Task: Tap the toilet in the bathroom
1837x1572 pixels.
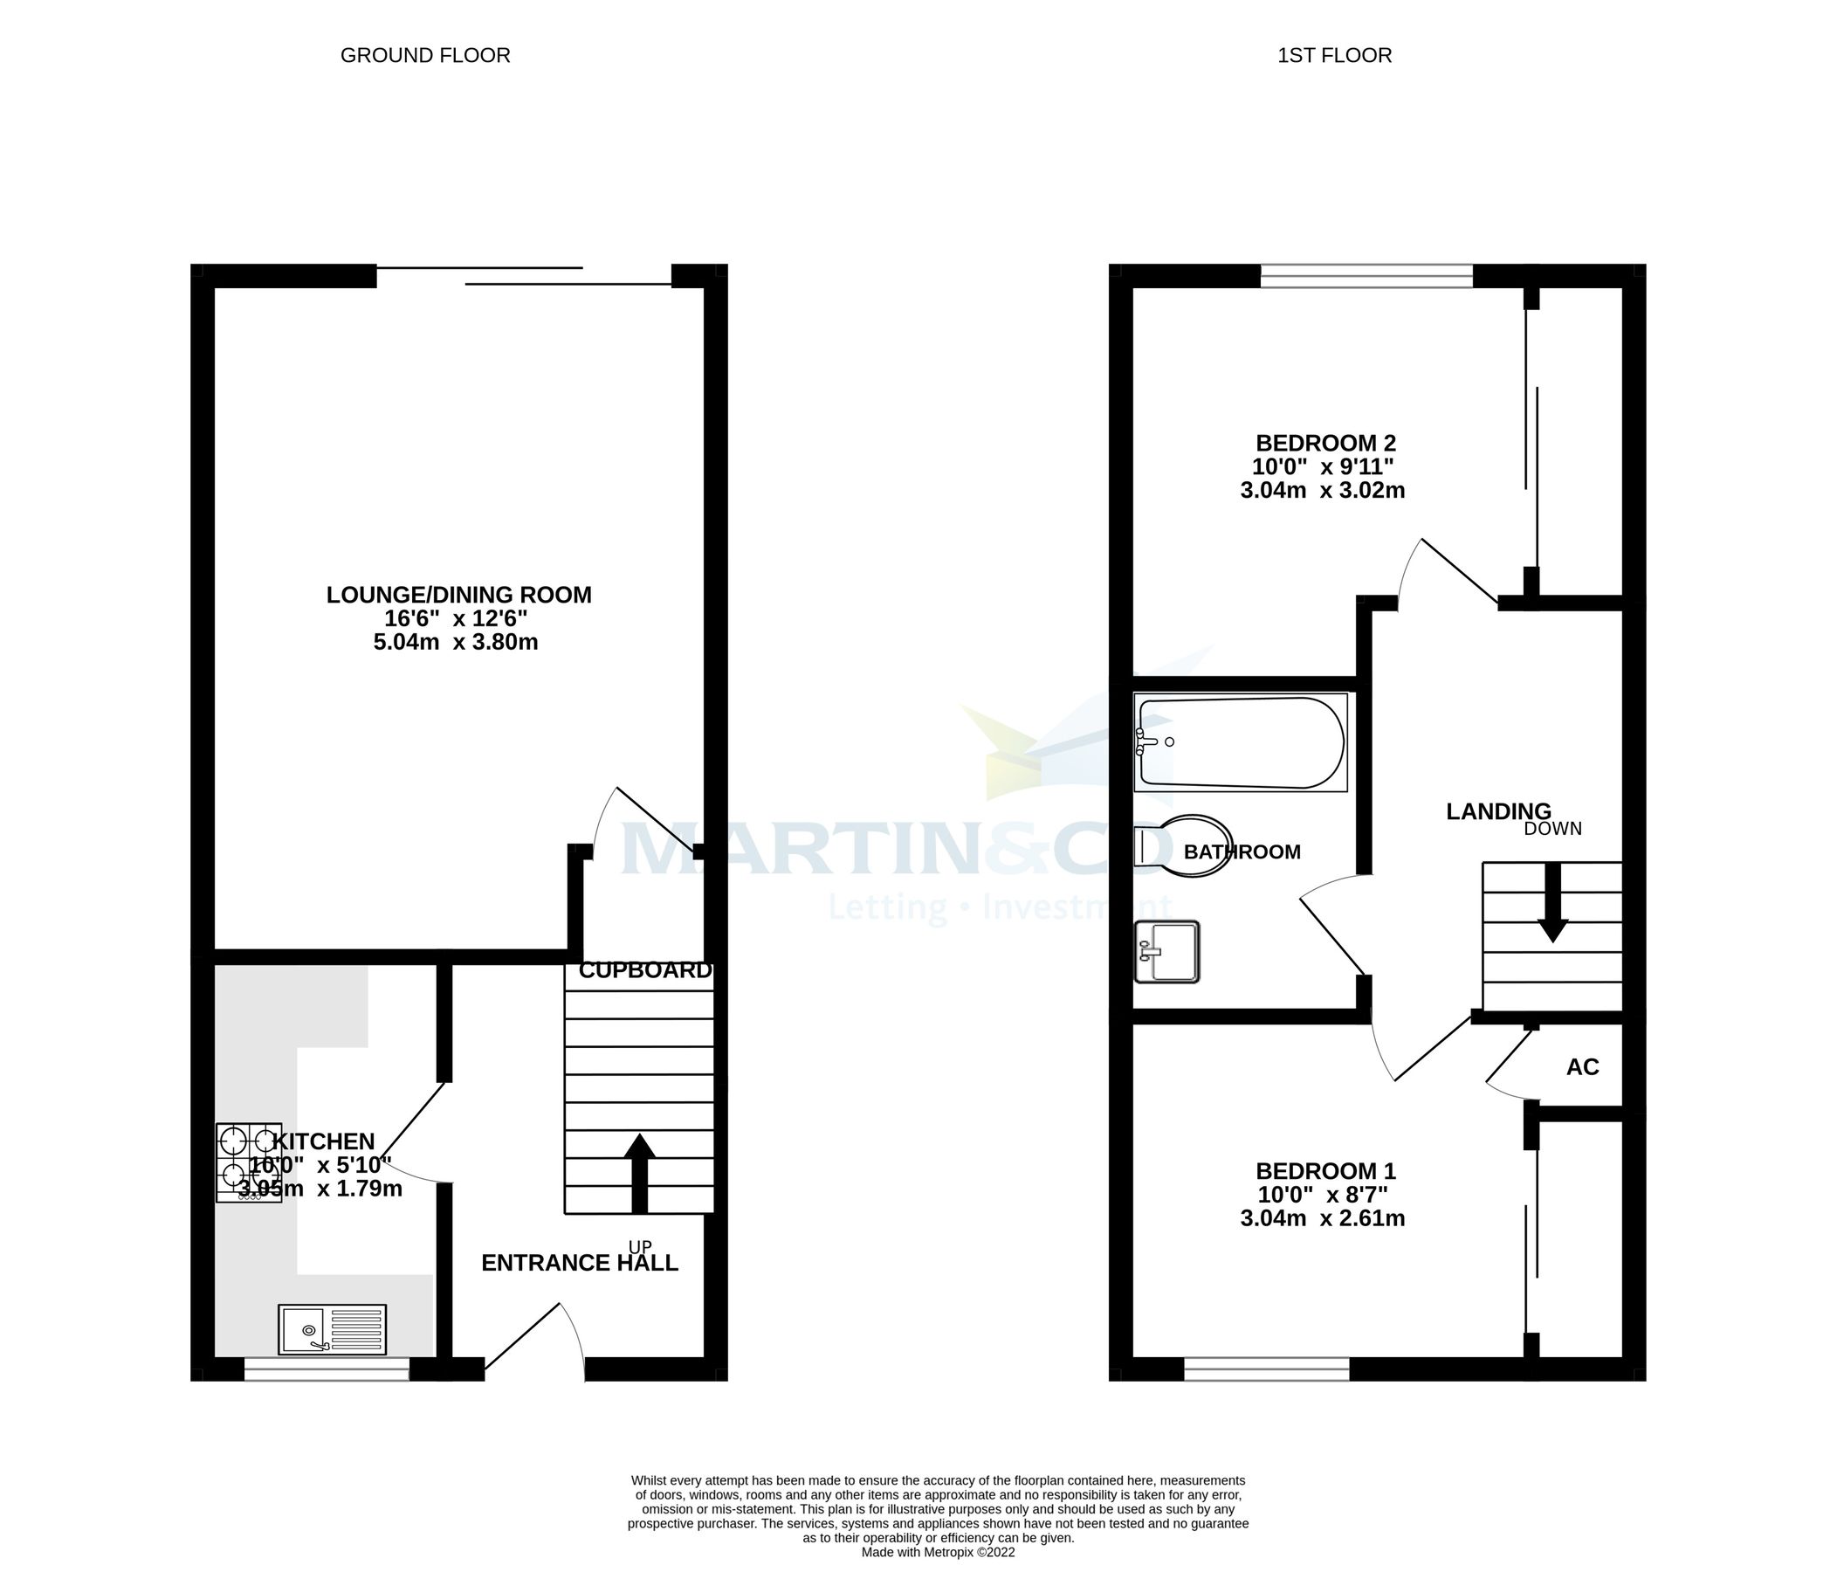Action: coord(1183,846)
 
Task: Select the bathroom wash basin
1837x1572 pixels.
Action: coord(1166,952)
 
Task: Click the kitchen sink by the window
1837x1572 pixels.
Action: coord(333,1329)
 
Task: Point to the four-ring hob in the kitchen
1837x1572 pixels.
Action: coord(249,1162)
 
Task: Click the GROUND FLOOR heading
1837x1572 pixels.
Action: coord(424,56)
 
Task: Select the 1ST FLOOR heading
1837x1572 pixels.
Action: coord(1334,56)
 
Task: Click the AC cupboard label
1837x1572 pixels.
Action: coord(1583,1067)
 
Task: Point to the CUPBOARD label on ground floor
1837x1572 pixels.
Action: coord(644,971)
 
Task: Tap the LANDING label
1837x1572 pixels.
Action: coord(1498,811)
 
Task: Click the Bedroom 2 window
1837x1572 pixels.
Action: coord(1366,278)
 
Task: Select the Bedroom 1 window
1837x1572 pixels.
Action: coord(1267,1370)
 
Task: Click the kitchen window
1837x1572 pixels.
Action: coord(327,1370)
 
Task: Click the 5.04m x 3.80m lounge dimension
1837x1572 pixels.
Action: coord(456,642)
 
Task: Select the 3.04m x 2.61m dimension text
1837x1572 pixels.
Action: coord(1322,1218)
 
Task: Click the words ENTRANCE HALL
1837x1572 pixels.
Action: coord(579,1263)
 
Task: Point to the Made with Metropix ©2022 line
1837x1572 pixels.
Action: coord(938,1553)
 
